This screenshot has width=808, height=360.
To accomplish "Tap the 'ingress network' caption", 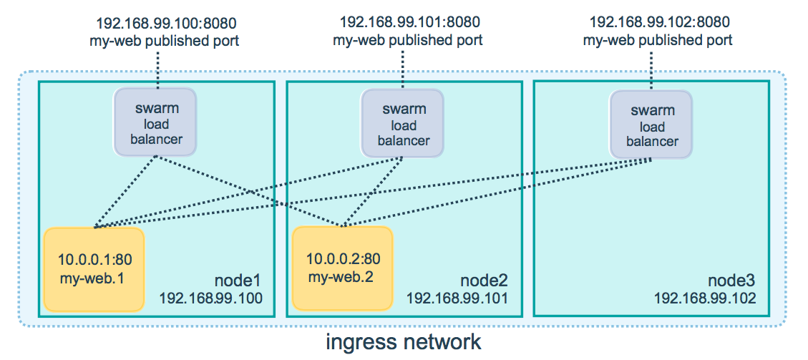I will point(404,341).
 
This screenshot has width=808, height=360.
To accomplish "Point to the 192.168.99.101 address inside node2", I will point(458,297).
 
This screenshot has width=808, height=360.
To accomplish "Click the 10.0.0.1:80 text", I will point(94,259).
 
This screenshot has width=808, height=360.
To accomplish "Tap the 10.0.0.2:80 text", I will point(343,258).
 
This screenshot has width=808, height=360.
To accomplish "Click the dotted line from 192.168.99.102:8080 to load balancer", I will point(651,69).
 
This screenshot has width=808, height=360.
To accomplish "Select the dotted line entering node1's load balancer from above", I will point(156,69).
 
